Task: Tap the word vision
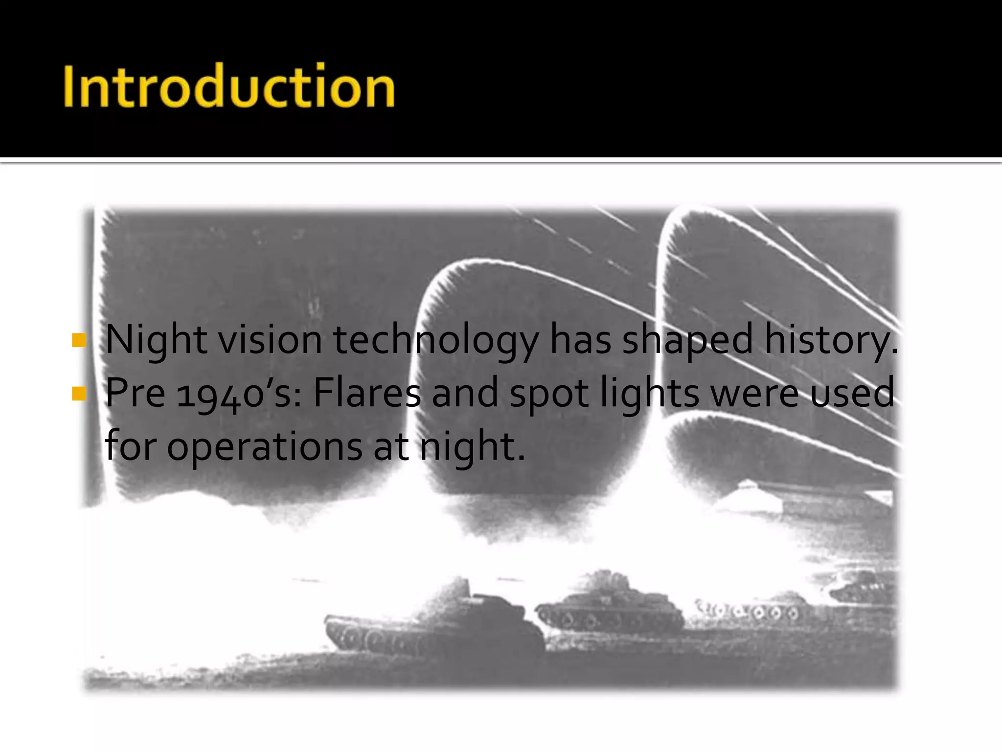[x=270, y=340]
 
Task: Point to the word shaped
[x=687, y=340]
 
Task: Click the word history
[x=830, y=340]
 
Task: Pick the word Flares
[x=366, y=393]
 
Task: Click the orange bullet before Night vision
[x=78, y=340]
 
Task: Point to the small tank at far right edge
[x=864, y=589]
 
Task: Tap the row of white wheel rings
[x=749, y=611]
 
